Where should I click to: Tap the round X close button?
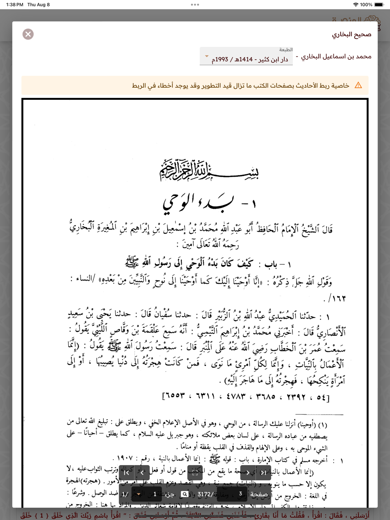[x=28, y=34]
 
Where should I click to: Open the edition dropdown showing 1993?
[x=246, y=57]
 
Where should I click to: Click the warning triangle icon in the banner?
[x=358, y=85]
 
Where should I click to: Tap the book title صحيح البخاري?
[x=351, y=35]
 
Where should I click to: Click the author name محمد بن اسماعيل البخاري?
[x=336, y=57]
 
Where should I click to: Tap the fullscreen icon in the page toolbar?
[x=195, y=473]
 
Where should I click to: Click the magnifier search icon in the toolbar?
[x=184, y=494]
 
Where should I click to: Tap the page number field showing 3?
[x=240, y=494]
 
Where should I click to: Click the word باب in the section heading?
[x=271, y=265]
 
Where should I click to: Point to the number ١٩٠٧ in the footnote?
[x=124, y=458]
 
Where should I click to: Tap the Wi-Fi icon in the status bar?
[x=355, y=5]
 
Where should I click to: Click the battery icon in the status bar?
[x=379, y=5]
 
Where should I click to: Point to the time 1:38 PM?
[x=14, y=5]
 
